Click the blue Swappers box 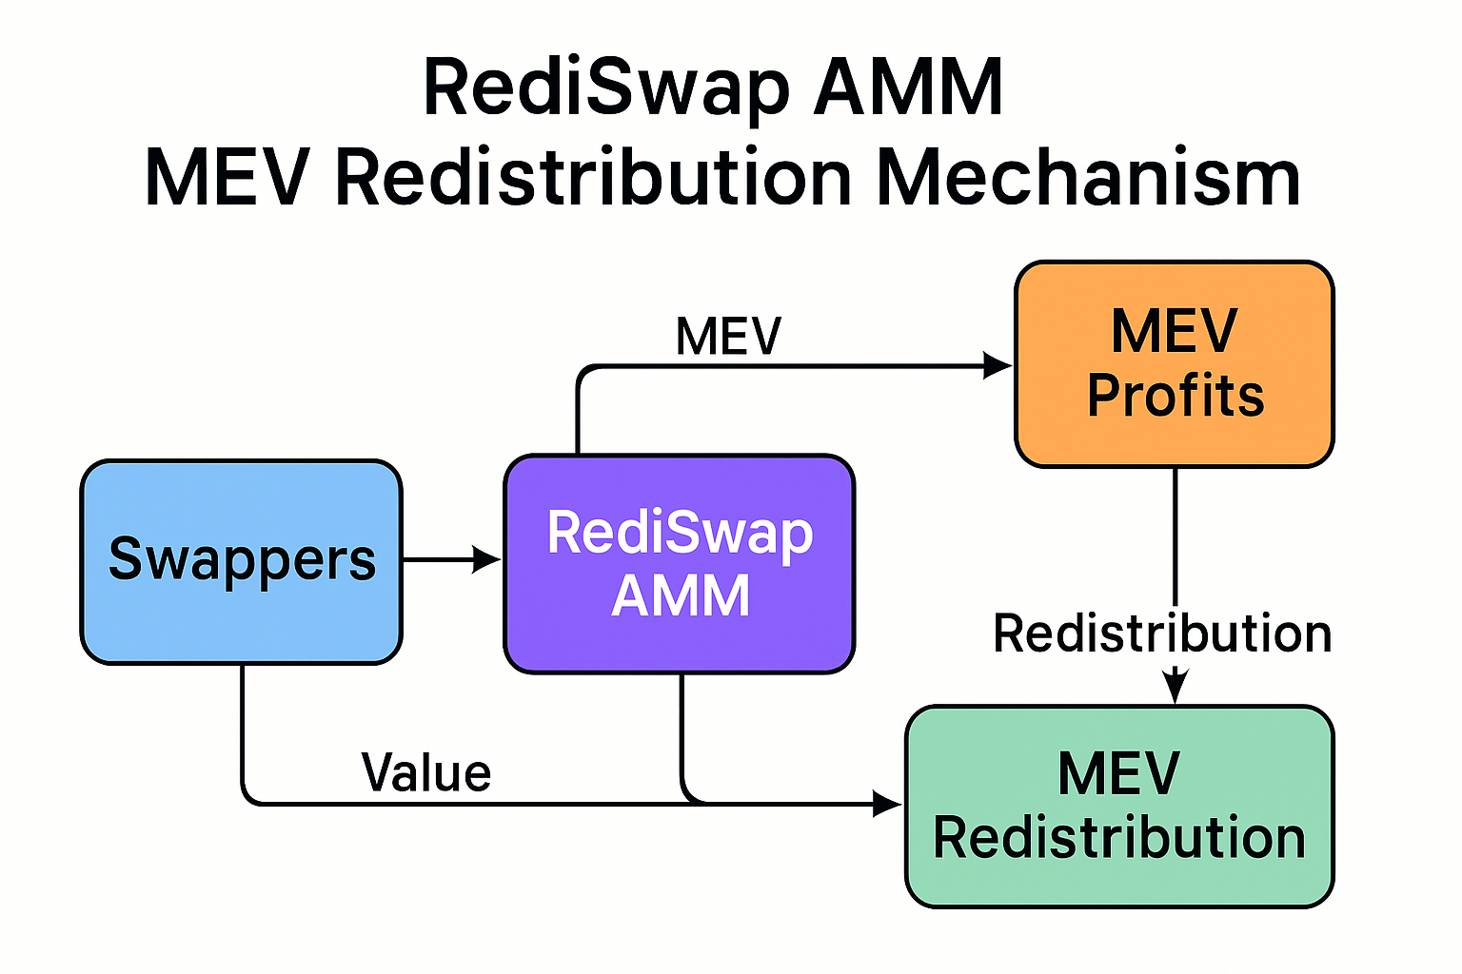pyautogui.click(x=241, y=561)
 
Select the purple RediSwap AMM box pyautogui.click(x=679, y=564)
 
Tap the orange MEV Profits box pyautogui.click(x=1175, y=364)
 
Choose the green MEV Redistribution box pyautogui.click(x=1119, y=807)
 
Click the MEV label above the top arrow pyautogui.click(x=728, y=336)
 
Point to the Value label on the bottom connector pyautogui.click(x=426, y=772)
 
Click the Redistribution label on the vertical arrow pyautogui.click(x=1162, y=633)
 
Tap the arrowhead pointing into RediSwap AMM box pyautogui.click(x=487, y=560)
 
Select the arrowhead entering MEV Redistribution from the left pyautogui.click(x=887, y=805)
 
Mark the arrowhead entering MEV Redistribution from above pyautogui.click(x=1176, y=687)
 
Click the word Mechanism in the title pyautogui.click(x=1088, y=178)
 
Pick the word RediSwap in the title pyautogui.click(x=606, y=88)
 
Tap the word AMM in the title pyautogui.click(x=909, y=88)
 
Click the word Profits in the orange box pyautogui.click(x=1176, y=396)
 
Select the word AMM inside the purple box pyautogui.click(x=681, y=596)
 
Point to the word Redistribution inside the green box pyautogui.click(x=1119, y=838)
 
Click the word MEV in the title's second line pyautogui.click(x=227, y=178)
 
